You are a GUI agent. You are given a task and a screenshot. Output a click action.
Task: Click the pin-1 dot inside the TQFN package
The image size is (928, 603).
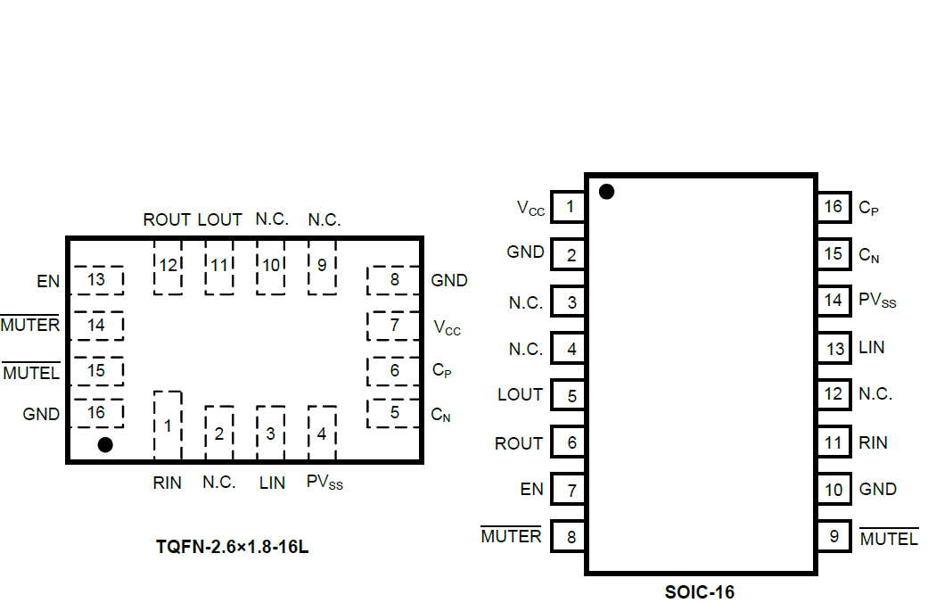[x=105, y=444]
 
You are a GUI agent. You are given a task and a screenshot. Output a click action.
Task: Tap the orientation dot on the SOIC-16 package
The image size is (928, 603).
[x=607, y=191]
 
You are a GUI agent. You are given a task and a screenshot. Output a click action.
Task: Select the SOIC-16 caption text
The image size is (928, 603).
[x=700, y=591]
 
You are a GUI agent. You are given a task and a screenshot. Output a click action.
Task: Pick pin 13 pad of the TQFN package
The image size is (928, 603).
[x=97, y=280]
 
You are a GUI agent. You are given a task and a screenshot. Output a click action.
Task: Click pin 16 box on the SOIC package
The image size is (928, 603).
[x=834, y=207]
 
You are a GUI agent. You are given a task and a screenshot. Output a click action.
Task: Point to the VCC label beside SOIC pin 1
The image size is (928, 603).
[x=530, y=208]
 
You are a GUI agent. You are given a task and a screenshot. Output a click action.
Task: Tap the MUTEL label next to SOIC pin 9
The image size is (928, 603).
[x=889, y=539]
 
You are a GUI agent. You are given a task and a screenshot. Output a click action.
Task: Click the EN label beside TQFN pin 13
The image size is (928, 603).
[x=48, y=282]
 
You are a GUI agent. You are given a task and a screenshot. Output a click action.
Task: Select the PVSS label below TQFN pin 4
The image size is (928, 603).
[x=324, y=483]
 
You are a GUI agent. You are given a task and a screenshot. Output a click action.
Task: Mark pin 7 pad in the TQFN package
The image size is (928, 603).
[x=394, y=326]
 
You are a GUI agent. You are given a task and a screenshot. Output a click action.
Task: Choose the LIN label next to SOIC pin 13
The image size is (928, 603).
[x=872, y=347]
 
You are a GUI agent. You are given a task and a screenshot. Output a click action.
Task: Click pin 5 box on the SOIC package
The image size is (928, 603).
[x=571, y=395]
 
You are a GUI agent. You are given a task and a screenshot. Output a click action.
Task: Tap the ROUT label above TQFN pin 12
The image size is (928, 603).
[x=167, y=219]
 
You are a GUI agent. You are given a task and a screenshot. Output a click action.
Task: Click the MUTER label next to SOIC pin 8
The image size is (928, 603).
[x=511, y=536]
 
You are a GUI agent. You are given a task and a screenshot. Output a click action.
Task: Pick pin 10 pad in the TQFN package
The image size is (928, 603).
[x=271, y=265]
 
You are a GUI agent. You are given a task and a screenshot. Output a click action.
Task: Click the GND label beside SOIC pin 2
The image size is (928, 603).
[x=525, y=252]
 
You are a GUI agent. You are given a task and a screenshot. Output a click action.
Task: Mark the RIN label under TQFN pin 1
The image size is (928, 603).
[x=167, y=483]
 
